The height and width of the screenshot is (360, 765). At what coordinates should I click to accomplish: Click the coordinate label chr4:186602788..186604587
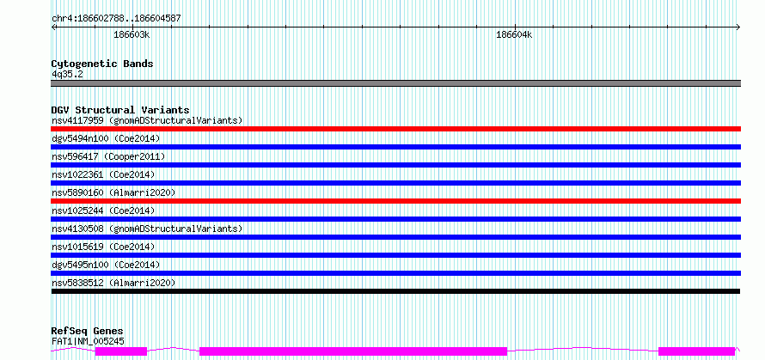tap(116, 19)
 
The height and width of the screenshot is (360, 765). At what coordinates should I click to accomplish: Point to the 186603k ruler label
tap(132, 34)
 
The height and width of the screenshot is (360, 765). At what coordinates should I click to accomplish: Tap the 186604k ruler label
tap(514, 34)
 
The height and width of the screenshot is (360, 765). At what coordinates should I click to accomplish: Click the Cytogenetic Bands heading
tap(102, 64)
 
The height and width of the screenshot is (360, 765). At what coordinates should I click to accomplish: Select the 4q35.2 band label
tap(67, 74)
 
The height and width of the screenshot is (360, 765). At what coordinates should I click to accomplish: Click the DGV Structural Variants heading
tap(120, 110)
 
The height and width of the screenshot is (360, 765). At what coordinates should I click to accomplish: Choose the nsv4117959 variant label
tap(147, 120)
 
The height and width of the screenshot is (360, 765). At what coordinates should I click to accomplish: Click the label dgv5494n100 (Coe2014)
tap(106, 138)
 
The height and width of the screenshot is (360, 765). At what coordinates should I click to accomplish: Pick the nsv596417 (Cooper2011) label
tap(108, 156)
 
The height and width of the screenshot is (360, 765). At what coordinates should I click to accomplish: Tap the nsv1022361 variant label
tap(103, 174)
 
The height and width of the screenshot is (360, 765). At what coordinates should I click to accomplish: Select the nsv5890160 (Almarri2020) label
tap(113, 192)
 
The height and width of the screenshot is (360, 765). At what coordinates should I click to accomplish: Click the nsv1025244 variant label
tap(103, 211)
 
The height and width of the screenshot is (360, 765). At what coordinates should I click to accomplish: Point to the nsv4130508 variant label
tap(147, 229)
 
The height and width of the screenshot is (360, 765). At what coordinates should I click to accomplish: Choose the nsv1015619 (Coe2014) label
tap(103, 247)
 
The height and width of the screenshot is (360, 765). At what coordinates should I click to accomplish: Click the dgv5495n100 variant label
tap(106, 265)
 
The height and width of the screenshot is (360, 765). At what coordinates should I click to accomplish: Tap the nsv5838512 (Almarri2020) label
tap(113, 283)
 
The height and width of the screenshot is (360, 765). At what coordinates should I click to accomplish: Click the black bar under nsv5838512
tap(395, 291)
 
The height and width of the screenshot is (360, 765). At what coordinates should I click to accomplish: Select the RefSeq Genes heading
tap(87, 332)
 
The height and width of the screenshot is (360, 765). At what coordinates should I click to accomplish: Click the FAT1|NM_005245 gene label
tap(88, 341)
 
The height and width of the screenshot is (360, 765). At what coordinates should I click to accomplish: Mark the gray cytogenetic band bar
tap(396, 83)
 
